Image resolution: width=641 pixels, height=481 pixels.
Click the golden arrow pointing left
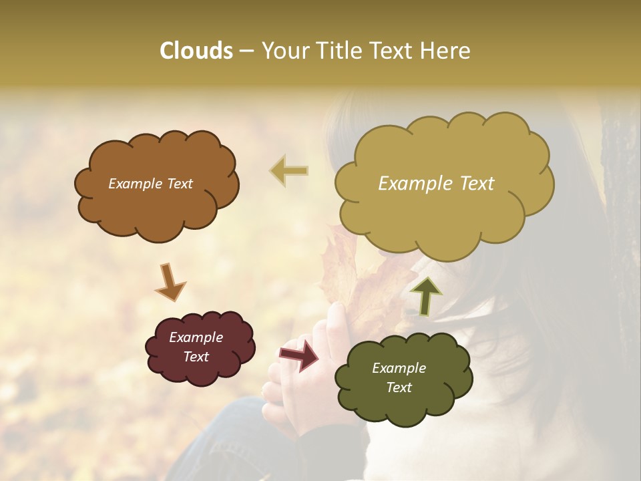click(289, 171)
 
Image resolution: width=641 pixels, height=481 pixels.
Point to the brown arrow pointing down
click(170, 282)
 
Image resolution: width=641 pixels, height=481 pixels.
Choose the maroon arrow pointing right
click(299, 354)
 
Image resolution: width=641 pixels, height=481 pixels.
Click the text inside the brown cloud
click(150, 184)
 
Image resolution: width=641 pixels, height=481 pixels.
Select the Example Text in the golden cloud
click(436, 184)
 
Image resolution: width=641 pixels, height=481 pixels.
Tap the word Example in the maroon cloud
click(196, 337)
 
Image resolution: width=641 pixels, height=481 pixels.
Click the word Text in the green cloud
click(399, 387)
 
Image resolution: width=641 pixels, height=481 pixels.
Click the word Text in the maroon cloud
click(196, 357)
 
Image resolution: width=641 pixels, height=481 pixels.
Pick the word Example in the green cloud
click(399, 368)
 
